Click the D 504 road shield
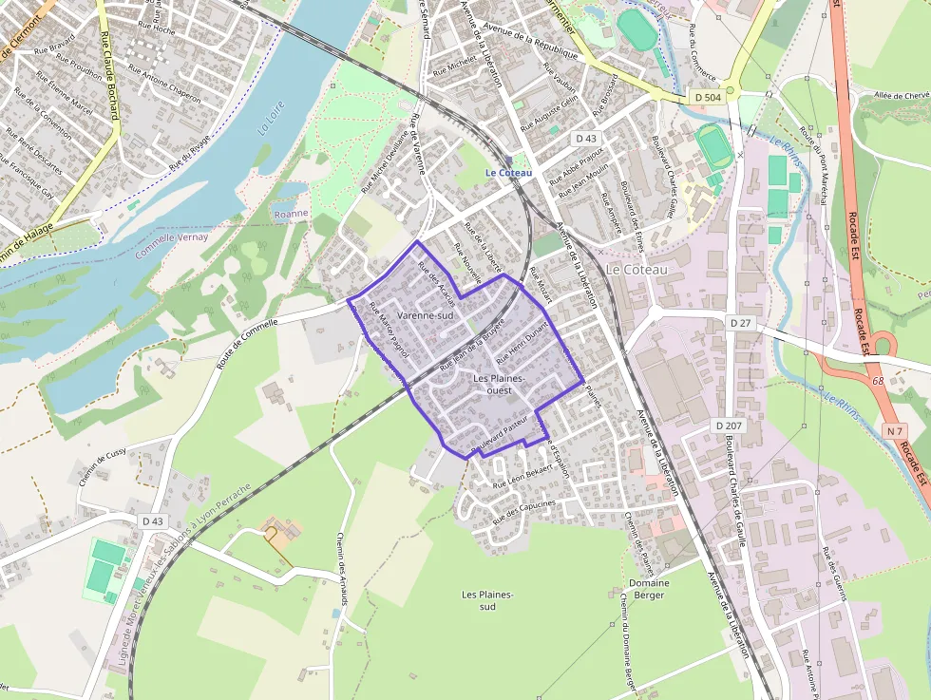(x=708, y=97)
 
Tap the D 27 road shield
(x=741, y=323)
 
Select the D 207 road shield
(x=730, y=425)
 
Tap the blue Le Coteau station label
(x=508, y=173)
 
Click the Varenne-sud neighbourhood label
(x=427, y=315)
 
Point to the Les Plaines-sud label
(x=487, y=600)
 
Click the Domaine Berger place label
(x=649, y=589)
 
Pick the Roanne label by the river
(x=291, y=214)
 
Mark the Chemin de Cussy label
(x=103, y=467)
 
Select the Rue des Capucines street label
(x=523, y=511)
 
